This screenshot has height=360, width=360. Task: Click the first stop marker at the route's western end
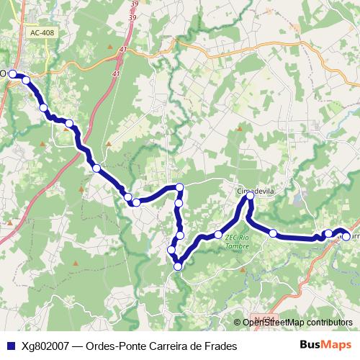coord(12,73)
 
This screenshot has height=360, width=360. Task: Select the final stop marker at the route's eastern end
coord(346,236)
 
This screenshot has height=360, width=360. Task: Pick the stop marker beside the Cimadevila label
coord(250,196)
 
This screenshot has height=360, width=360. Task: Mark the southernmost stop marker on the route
coord(178,267)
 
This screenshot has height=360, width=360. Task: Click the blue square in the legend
coord(9,346)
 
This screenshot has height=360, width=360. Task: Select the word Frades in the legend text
coord(219,346)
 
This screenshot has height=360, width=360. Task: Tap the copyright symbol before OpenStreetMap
coord(237,323)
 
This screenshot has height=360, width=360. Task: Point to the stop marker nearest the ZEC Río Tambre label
coord(217,235)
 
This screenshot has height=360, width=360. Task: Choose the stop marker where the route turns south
coord(180,188)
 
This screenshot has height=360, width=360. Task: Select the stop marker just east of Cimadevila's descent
coord(273,233)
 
